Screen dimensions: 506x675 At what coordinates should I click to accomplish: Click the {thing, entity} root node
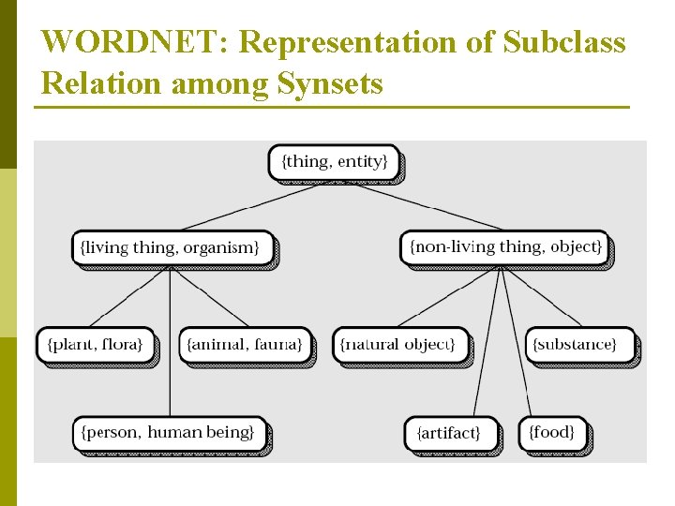click(x=334, y=162)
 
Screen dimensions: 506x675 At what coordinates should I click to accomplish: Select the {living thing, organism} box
click(x=173, y=247)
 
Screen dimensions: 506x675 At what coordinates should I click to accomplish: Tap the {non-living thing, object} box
click(x=504, y=247)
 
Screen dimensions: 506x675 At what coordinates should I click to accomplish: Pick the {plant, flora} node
click(x=95, y=344)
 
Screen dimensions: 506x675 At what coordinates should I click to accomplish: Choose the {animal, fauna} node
click(x=244, y=344)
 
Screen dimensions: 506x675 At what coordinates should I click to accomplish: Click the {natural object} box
click(x=398, y=344)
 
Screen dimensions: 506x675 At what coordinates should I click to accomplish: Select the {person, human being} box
click(x=169, y=433)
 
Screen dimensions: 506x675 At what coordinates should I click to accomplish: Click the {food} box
click(x=552, y=432)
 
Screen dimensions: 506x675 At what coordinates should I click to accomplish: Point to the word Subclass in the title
click(x=564, y=43)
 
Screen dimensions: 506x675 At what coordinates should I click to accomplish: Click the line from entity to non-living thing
click(x=427, y=206)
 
